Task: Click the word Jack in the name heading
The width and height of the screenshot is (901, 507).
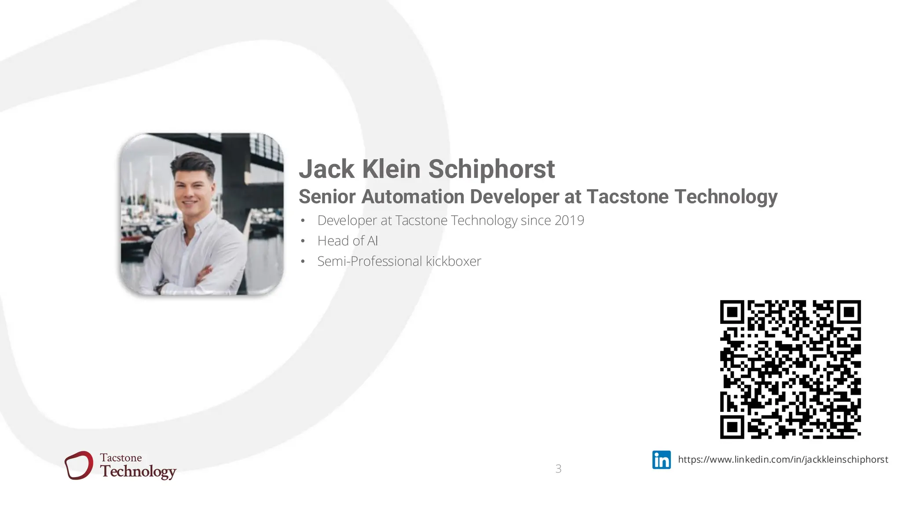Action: pos(326,169)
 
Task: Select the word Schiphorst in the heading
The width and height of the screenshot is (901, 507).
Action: pos(491,169)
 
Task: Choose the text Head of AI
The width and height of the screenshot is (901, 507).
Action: pos(348,241)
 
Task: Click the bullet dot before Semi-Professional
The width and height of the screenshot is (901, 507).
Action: pos(303,262)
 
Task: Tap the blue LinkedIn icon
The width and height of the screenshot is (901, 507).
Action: pos(661,460)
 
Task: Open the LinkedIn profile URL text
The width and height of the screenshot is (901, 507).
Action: pos(783,459)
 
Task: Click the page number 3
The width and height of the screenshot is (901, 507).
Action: pos(558,469)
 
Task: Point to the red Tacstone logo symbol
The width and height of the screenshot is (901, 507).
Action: pos(79,465)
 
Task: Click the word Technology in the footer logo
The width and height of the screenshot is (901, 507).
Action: pos(138,471)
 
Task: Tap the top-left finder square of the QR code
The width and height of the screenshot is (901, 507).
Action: pos(732,312)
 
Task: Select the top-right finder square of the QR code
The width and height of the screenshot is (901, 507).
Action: pos(849,312)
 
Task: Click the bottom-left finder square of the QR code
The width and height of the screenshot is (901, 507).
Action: pos(732,426)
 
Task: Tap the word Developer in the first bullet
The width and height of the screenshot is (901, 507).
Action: pos(347,220)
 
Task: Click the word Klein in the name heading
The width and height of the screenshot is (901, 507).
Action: pos(391,169)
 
